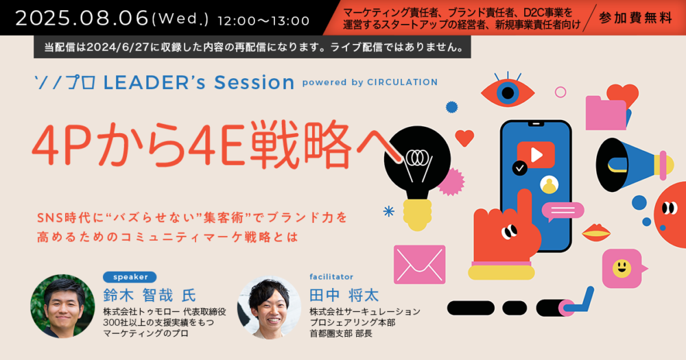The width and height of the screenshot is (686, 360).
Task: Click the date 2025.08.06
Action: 82,19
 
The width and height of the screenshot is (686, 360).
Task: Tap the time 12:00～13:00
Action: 263,21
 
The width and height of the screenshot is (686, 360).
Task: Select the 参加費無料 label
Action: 635,19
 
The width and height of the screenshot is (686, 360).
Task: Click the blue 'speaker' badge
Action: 130,277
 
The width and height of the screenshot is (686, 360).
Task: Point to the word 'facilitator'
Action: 331,277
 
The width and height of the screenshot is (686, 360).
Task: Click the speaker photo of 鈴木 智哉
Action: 62,307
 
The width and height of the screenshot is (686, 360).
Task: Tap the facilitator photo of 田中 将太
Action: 270,307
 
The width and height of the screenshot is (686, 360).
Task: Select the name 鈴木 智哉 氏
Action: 150,296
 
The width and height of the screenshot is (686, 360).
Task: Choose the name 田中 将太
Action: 344,296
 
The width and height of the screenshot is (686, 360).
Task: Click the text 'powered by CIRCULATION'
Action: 370,82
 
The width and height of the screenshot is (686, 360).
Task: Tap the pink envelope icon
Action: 420,265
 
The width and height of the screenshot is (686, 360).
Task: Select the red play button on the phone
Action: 536,155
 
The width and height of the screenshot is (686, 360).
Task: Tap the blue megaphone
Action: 635,165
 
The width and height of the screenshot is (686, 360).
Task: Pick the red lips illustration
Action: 596,232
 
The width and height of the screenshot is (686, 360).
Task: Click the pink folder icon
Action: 606,113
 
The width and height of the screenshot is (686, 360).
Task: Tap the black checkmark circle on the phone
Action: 520,168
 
